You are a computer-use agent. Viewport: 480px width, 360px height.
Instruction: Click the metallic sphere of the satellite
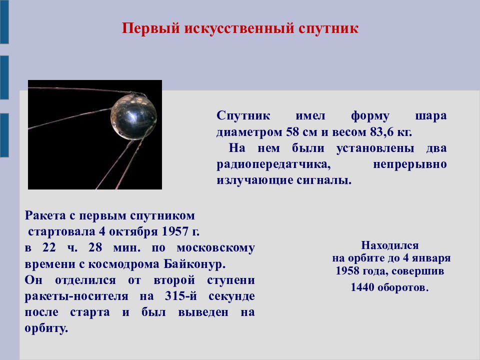pyautogui.click(x=134, y=117)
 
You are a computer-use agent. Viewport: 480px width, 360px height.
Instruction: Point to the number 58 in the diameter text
pyautogui.click(x=292, y=132)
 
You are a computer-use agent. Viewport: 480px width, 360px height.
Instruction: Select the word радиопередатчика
pyautogui.click(x=273, y=164)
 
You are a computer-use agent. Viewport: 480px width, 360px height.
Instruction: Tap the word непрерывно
pyautogui.click(x=409, y=164)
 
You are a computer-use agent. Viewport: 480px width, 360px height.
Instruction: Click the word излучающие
pyautogui.click(x=254, y=180)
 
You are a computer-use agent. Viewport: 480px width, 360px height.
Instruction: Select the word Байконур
pyautogui.click(x=194, y=264)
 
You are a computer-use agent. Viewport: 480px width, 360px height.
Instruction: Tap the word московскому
pyautogui.click(x=216, y=248)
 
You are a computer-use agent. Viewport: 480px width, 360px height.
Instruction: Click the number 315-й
pyautogui.click(x=180, y=296)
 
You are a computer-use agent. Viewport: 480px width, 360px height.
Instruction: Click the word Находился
pyautogui.click(x=389, y=245)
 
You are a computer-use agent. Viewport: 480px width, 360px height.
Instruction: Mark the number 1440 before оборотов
pyautogui.click(x=362, y=287)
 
